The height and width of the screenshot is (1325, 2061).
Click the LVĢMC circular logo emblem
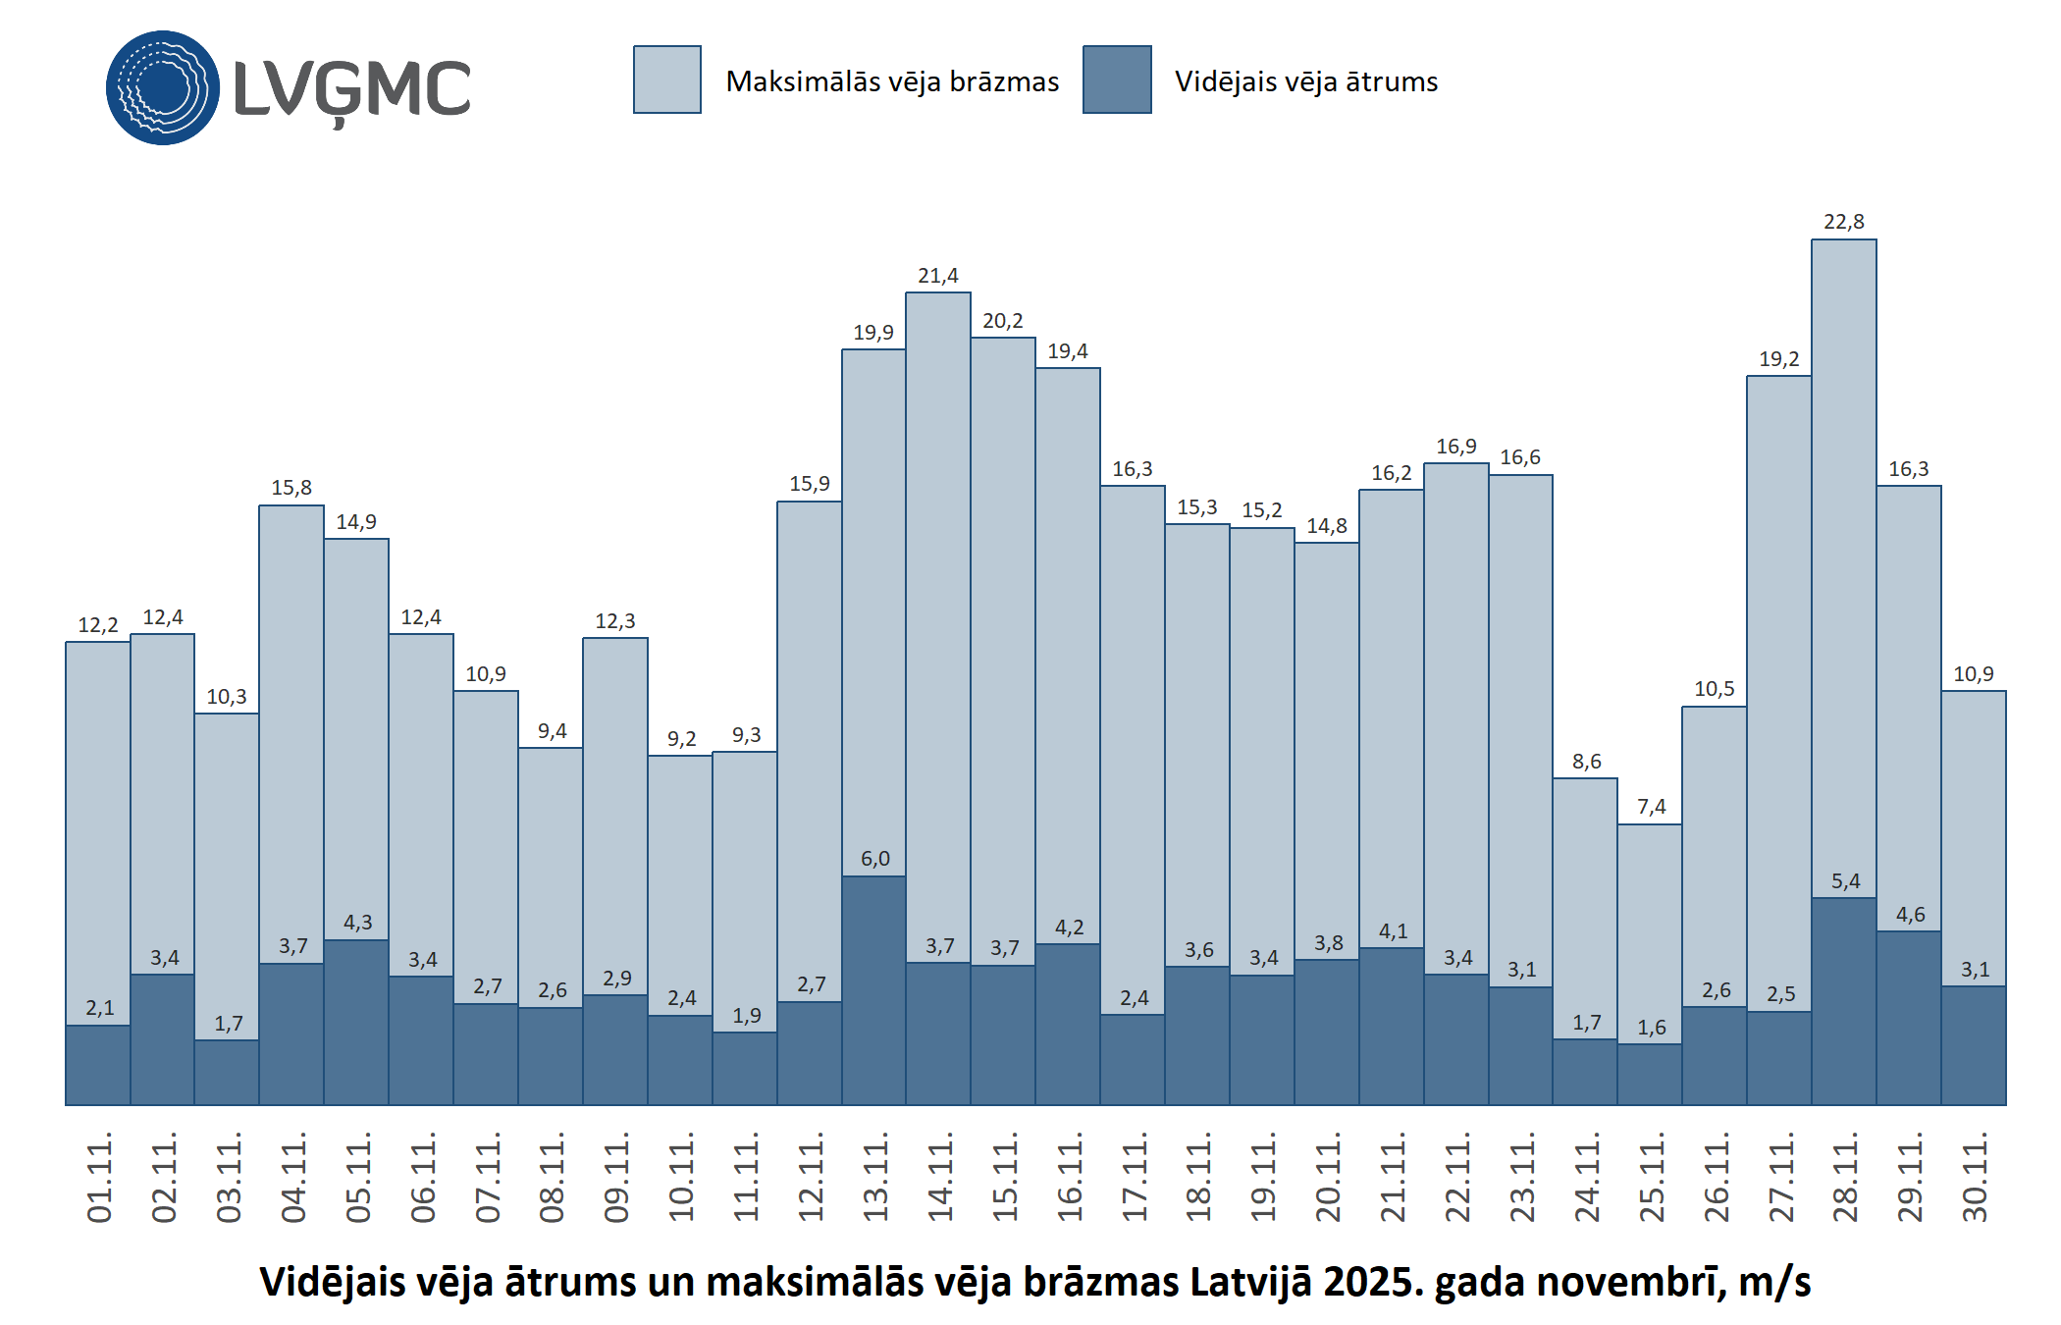(163, 87)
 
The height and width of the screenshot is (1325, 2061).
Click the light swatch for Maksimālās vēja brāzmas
(666, 79)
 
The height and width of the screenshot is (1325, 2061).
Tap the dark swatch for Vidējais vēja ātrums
(1117, 79)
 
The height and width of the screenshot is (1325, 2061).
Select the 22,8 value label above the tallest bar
(1843, 222)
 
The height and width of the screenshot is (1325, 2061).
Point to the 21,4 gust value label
(937, 276)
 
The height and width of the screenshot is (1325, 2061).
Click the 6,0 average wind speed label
(874, 859)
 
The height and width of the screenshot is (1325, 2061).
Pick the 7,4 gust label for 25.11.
(1651, 807)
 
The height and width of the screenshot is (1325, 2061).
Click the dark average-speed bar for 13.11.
(873, 991)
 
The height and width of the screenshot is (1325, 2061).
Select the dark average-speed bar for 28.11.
(1843, 1001)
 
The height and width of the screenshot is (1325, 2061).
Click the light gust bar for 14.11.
(937, 628)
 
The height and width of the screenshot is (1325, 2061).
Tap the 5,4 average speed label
(1845, 881)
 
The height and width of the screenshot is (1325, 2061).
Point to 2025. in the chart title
(1374, 1283)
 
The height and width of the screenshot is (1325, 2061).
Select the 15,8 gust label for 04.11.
(291, 488)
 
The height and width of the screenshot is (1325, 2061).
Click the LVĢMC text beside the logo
(352, 89)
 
